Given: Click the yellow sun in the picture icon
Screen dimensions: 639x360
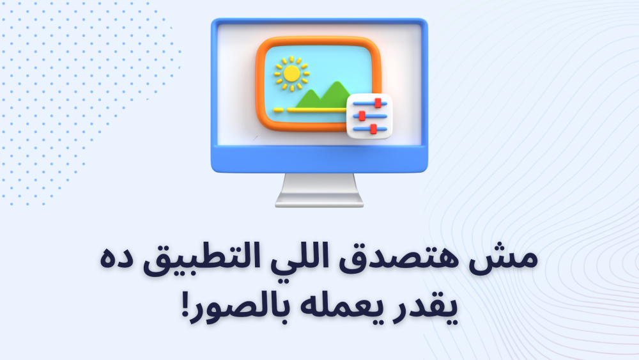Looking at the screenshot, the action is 291,74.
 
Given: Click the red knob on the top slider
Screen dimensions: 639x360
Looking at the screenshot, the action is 378,103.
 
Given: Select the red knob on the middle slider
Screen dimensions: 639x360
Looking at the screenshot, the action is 362,116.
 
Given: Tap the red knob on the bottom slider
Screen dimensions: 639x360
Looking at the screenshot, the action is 373,129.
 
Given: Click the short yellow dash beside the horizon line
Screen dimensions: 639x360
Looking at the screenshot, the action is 279,110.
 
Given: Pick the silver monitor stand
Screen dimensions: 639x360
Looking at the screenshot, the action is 319,190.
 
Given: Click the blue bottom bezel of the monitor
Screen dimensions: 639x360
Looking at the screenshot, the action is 319,159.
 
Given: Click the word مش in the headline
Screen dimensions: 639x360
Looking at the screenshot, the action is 503,260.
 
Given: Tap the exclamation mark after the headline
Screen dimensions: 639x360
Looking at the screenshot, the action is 186,305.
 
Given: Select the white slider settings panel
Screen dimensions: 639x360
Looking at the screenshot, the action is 369,116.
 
